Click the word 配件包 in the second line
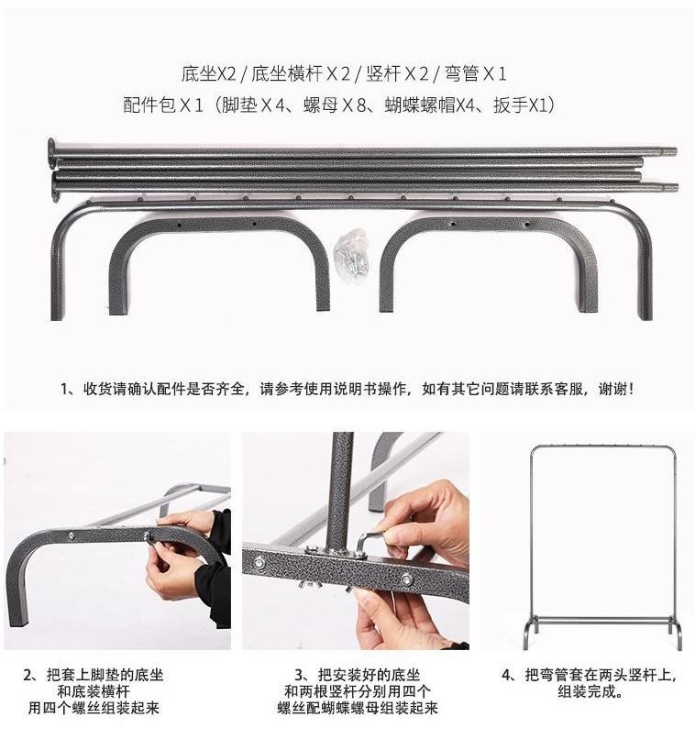point(149,105)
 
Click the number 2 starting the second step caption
point(28,676)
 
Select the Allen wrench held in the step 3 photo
point(365,543)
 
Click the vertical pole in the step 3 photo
point(340,486)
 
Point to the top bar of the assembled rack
point(603,447)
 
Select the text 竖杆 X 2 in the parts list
point(395,73)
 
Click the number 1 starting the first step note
point(65,388)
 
